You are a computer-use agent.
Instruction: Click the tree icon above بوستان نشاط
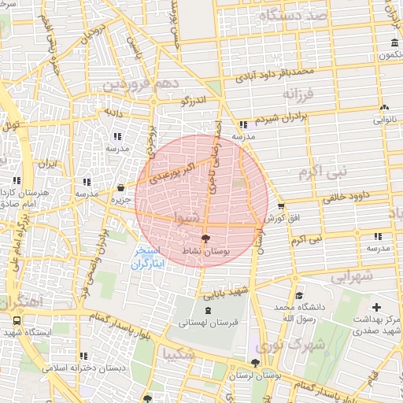click(206, 236)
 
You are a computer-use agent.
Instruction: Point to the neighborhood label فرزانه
click(299, 94)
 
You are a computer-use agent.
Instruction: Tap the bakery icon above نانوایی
click(384, 108)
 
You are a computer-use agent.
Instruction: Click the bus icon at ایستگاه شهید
click(17, 321)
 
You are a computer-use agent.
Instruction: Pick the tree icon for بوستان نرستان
click(253, 363)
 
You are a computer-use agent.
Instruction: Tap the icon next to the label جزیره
click(120, 188)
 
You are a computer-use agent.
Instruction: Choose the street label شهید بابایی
click(227, 294)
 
